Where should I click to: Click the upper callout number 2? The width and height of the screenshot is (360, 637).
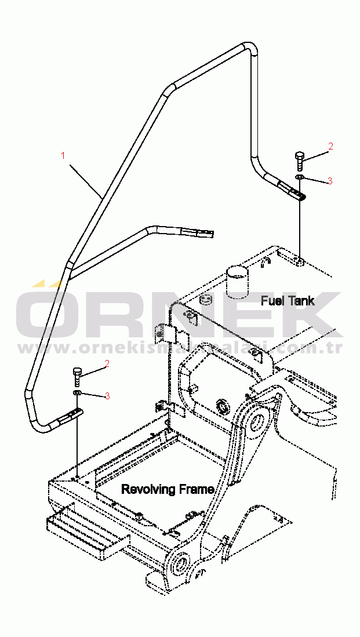click(330, 147)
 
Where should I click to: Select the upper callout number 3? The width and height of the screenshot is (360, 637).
click(330, 181)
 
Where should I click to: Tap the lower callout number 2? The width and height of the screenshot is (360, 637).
click(107, 364)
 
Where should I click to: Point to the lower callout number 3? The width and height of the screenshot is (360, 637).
click(107, 396)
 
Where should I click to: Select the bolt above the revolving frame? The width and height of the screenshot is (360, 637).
click(78, 376)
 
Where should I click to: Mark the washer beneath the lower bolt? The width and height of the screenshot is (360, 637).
click(77, 392)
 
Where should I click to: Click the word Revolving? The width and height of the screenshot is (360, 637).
click(147, 489)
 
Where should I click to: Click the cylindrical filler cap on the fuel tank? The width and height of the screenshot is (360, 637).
click(237, 282)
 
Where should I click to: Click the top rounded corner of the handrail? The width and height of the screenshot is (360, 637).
click(248, 47)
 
